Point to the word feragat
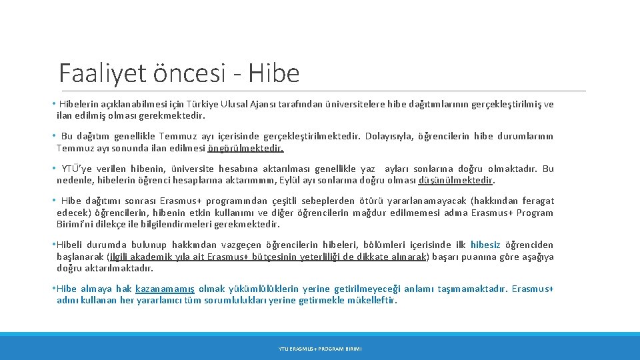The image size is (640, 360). [x=537, y=201]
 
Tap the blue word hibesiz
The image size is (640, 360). [x=485, y=245]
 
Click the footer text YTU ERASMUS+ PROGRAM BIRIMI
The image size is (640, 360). [x=320, y=349]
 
